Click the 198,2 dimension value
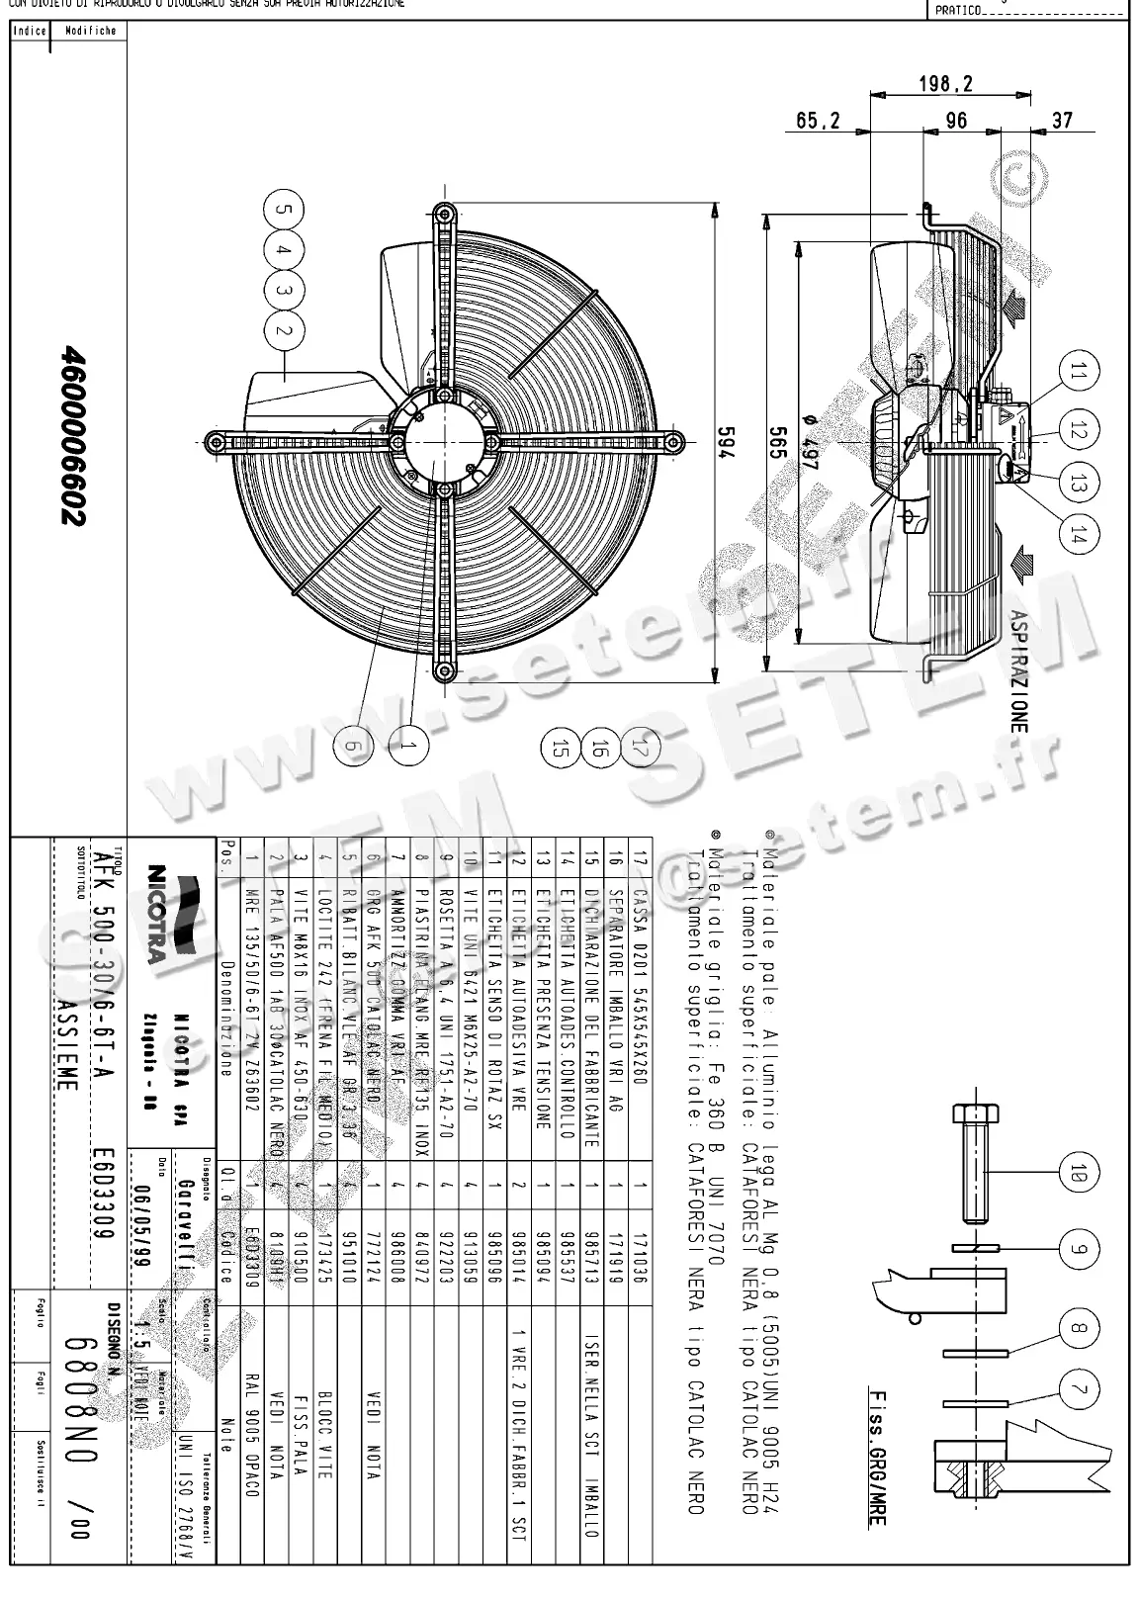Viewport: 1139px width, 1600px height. click(x=945, y=84)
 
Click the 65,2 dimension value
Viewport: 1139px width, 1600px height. click(x=818, y=121)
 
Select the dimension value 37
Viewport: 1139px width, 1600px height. click(x=1061, y=121)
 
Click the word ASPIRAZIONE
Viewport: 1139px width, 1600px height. click(x=1018, y=670)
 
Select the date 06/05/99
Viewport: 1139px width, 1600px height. click(x=142, y=1210)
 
